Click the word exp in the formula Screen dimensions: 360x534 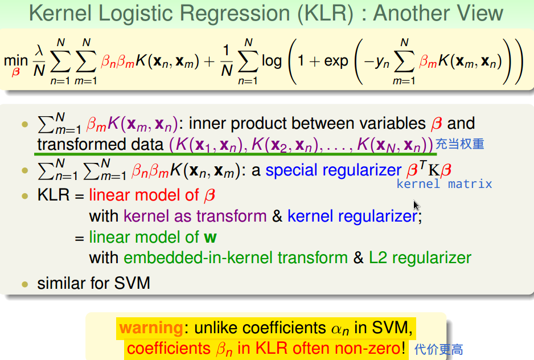(x=336, y=61)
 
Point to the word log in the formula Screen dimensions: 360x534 (x=272, y=61)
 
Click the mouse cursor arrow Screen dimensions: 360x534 (x=417, y=206)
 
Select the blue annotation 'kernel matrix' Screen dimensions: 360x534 (x=444, y=183)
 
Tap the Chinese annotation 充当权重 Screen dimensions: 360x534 (x=460, y=144)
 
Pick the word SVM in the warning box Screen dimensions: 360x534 (x=389, y=328)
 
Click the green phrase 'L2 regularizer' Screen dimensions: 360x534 (x=420, y=257)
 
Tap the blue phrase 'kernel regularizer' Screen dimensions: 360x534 (x=352, y=216)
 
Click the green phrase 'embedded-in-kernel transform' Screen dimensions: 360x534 (x=236, y=257)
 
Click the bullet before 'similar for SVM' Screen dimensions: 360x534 (x=24, y=283)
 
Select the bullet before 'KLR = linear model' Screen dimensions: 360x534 (x=24, y=196)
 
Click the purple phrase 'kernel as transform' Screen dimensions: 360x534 (x=195, y=216)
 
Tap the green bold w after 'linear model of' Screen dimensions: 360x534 (x=210, y=237)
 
